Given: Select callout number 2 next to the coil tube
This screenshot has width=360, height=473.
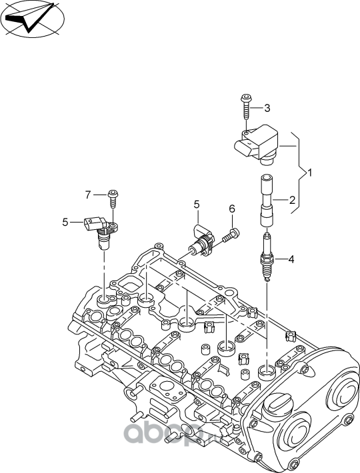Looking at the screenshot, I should (291, 199).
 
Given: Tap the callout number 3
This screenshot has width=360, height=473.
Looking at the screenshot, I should (267, 108).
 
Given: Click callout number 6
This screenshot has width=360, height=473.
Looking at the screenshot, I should (232, 209).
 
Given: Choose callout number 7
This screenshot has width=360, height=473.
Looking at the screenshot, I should (87, 195).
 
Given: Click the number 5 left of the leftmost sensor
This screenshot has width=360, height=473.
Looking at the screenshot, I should (65, 222).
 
